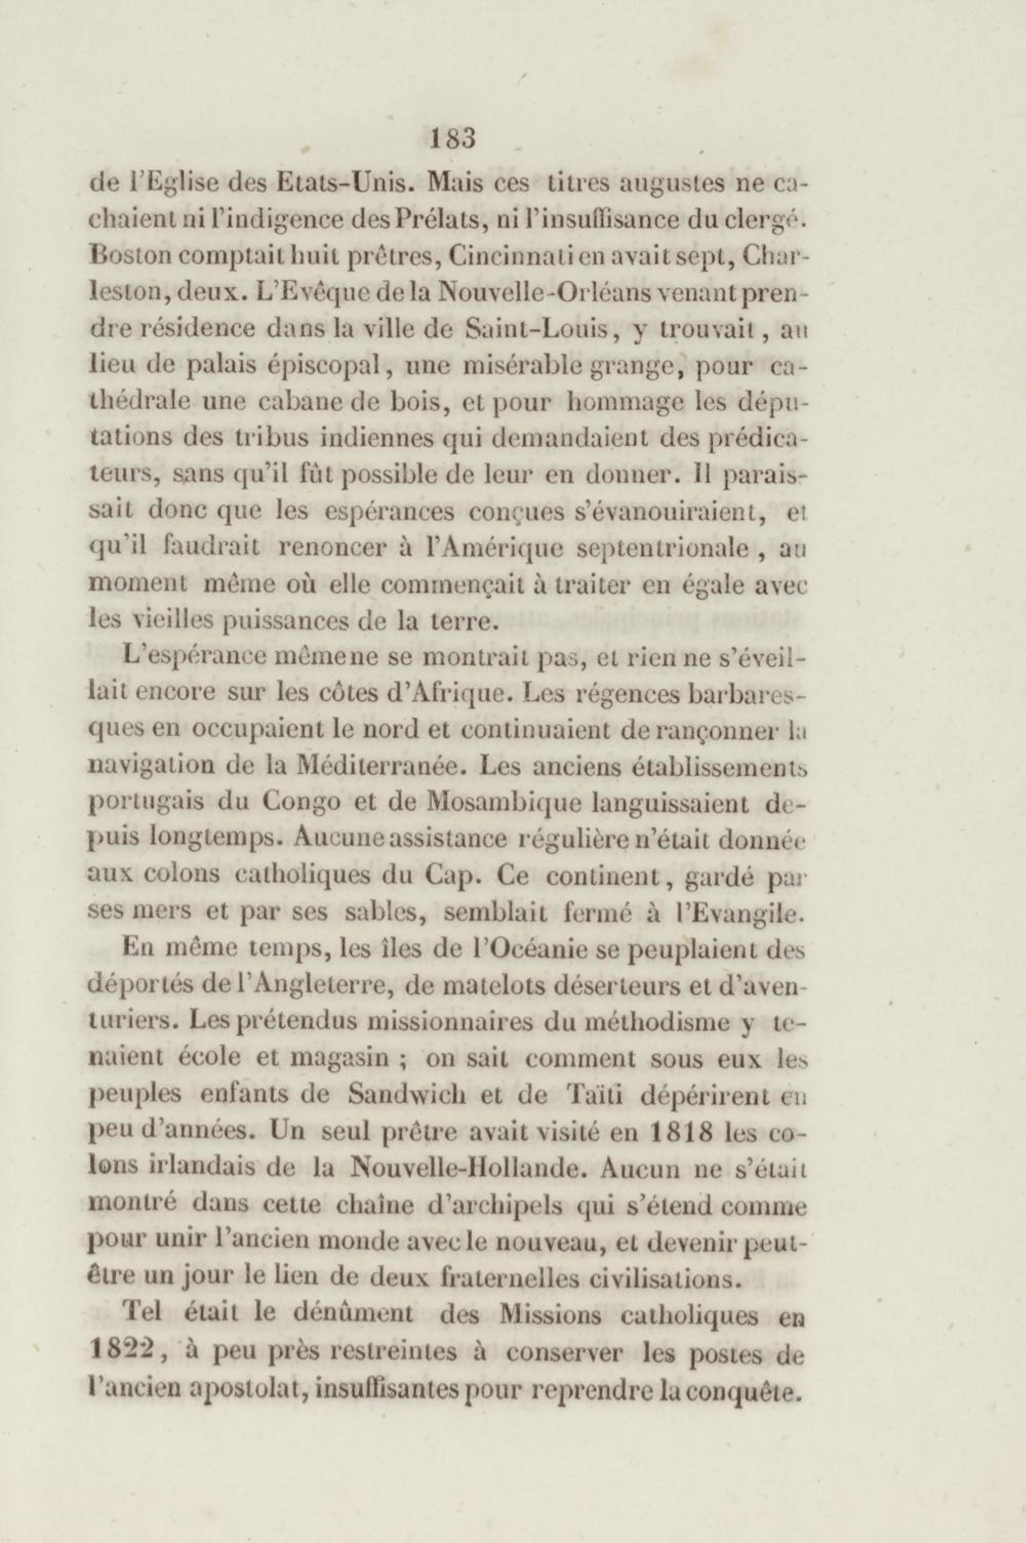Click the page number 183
(x=452, y=139)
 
